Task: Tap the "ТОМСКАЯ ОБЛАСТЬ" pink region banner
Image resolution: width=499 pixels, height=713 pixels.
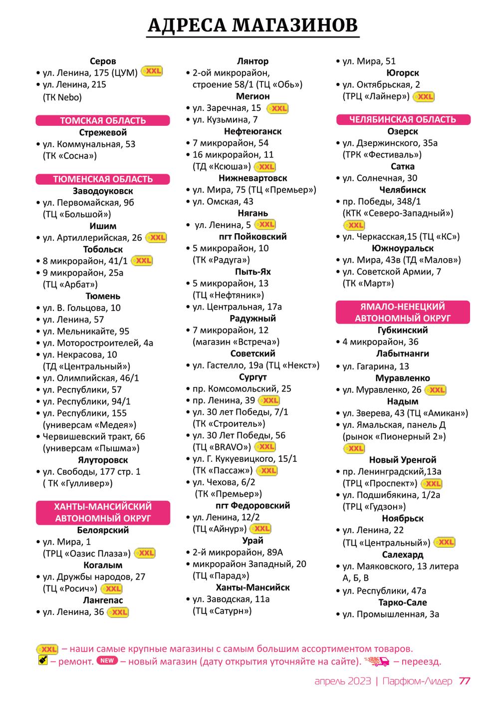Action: (x=103, y=120)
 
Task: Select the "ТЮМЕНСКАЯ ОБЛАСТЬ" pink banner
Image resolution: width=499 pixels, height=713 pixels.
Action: (x=103, y=179)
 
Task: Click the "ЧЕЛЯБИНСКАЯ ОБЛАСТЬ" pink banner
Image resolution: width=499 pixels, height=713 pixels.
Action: (x=403, y=119)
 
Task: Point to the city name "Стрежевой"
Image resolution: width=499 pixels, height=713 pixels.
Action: (x=103, y=132)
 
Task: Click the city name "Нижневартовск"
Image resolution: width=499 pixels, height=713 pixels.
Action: (x=252, y=178)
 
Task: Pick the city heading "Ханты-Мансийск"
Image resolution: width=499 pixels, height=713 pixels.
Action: (x=252, y=587)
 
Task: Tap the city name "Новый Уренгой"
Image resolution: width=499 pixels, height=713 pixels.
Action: (x=403, y=460)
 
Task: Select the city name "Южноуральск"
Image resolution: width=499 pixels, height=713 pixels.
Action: (x=403, y=248)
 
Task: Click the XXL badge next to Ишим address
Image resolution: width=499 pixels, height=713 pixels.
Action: (x=156, y=238)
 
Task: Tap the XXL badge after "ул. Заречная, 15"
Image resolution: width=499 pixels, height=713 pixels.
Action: (x=277, y=108)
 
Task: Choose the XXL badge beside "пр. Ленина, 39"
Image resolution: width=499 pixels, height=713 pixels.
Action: (x=270, y=400)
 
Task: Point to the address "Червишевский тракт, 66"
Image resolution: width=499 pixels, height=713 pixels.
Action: (x=94, y=436)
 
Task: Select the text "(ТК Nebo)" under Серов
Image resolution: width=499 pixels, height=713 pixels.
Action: (x=62, y=97)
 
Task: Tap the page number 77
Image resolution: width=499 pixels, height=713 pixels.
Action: (x=465, y=682)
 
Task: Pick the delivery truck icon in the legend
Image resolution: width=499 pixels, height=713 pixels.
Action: (x=377, y=662)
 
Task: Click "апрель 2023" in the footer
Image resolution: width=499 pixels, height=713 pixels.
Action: (x=343, y=682)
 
